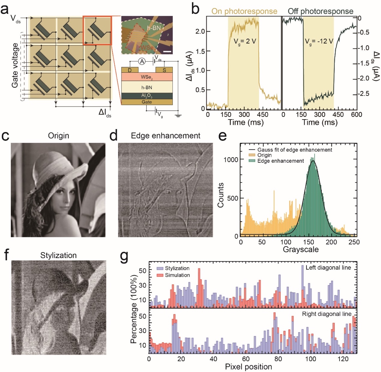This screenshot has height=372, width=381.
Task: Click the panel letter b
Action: (195, 9)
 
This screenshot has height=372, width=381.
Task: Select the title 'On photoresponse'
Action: (244, 11)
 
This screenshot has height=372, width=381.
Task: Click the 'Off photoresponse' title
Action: (320, 11)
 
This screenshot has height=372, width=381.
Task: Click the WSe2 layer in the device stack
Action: (147, 77)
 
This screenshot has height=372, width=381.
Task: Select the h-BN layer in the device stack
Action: (147, 87)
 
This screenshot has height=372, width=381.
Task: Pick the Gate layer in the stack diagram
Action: (147, 102)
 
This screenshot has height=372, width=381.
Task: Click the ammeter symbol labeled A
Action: (142, 61)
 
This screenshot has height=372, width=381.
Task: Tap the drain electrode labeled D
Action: (130, 70)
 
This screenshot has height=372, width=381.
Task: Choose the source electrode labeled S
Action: (164, 70)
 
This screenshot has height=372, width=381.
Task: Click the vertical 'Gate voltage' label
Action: (15, 65)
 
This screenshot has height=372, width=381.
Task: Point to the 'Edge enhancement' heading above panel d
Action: (166, 136)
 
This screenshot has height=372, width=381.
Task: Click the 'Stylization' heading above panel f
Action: (58, 255)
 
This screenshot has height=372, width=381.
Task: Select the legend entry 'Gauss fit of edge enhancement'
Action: (294, 150)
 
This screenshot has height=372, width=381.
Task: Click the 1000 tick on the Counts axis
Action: (231, 159)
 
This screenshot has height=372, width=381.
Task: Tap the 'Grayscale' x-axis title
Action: (301, 249)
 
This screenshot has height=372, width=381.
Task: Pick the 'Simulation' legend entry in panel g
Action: (177, 275)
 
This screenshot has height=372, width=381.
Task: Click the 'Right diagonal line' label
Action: (327, 314)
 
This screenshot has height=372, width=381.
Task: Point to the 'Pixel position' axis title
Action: (248, 367)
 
